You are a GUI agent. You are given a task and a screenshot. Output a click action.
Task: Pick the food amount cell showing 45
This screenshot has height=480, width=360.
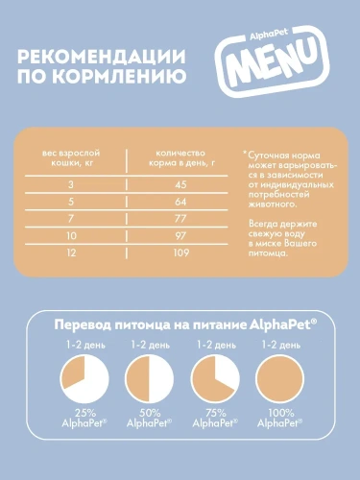click(180, 184)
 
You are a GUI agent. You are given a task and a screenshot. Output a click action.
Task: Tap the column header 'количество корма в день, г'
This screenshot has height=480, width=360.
click(180, 159)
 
